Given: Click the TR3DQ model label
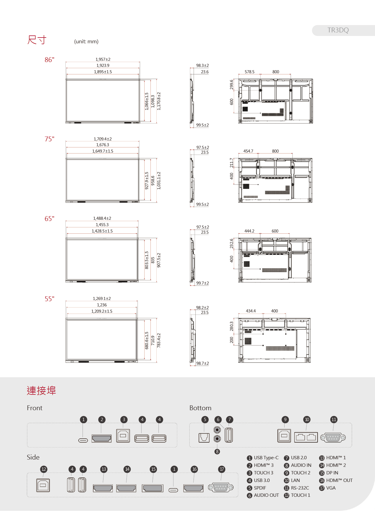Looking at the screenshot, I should [338, 30].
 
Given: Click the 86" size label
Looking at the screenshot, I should [49, 60].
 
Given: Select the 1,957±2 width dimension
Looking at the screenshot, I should [103, 59].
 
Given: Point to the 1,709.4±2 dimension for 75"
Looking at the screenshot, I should [103, 139].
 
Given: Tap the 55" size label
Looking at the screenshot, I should [49, 299].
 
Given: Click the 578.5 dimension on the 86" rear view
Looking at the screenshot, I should [249, 72].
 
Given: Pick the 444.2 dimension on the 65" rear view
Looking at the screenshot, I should [249, 231].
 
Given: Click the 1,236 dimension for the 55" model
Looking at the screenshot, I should [102, 305].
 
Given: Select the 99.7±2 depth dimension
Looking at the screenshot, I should [202, 283].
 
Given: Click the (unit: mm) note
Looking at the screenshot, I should [86, 41].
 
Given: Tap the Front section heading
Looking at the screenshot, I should [34, 408].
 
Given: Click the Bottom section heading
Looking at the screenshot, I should [200, 408].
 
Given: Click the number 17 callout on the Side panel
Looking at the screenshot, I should [222, 469].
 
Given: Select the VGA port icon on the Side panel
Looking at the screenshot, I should [221, 487].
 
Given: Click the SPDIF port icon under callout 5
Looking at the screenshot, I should [204, 437].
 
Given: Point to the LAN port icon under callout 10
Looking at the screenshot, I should [306, 437].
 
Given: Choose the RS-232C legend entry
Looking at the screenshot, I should [300, 488].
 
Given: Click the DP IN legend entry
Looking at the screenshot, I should [332, 473].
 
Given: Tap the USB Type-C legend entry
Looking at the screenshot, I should [266, 458].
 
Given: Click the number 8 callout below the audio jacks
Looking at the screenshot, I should [217, 452].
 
